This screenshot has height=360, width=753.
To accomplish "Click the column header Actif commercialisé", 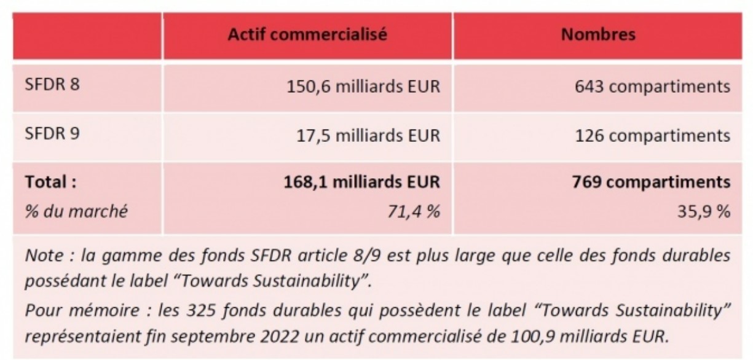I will click(x=307, y=35).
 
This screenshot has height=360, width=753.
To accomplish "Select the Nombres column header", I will click(x=598, y=35).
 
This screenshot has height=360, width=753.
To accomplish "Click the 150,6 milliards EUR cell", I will click(x=363, y=87).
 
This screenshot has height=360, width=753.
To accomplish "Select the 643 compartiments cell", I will click(x=653, y=87).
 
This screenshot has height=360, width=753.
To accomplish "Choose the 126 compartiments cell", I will click(x=653, y=136).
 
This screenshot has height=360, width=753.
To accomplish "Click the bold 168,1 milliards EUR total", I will click(x=363, y=182).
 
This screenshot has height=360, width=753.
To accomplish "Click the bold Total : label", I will click(x=52, y=182).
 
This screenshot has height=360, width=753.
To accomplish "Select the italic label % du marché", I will click(x=76, y=212).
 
